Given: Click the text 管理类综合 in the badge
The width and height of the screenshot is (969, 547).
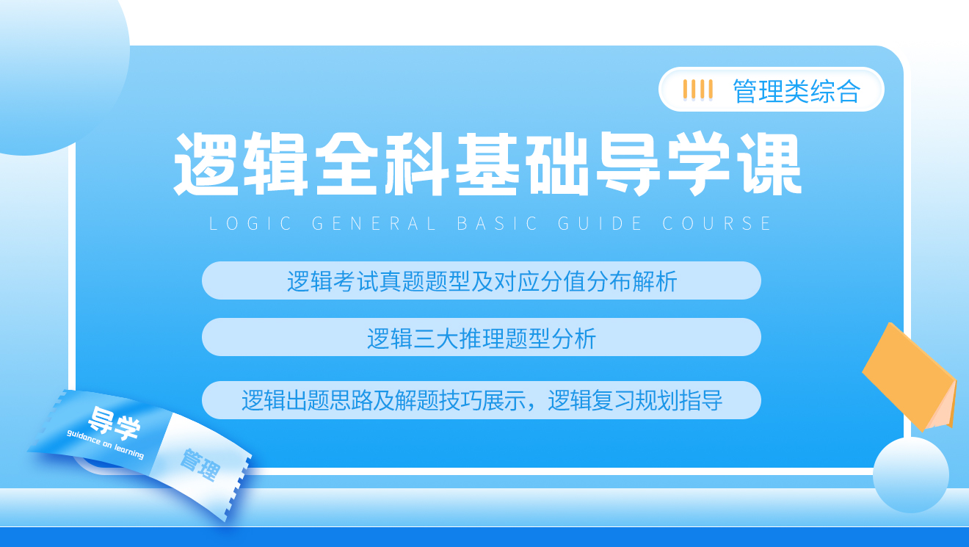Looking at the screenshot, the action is point(796,91).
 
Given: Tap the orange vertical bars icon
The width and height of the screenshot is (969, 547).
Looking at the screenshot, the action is point(698,90).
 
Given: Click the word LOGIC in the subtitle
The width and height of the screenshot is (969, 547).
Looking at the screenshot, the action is point(250,224).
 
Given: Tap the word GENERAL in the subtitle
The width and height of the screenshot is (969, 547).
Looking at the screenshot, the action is point(374,224).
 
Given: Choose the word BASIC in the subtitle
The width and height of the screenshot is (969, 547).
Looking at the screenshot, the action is point(497,224).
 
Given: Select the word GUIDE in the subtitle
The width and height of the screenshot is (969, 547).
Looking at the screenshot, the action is point(600,224).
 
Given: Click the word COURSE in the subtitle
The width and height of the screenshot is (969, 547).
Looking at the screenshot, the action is point(716,224).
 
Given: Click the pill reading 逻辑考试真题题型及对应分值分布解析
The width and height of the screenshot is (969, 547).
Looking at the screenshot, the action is point(482,280).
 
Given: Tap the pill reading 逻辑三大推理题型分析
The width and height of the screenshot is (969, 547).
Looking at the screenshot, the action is point(482,337).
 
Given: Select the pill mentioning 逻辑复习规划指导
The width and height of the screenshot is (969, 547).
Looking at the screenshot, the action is point(482,400).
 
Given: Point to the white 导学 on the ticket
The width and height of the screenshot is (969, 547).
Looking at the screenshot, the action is point(115,421).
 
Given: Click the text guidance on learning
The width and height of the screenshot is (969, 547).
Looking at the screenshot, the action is point(105,444).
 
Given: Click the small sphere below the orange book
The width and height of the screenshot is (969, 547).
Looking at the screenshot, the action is point(911,475).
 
